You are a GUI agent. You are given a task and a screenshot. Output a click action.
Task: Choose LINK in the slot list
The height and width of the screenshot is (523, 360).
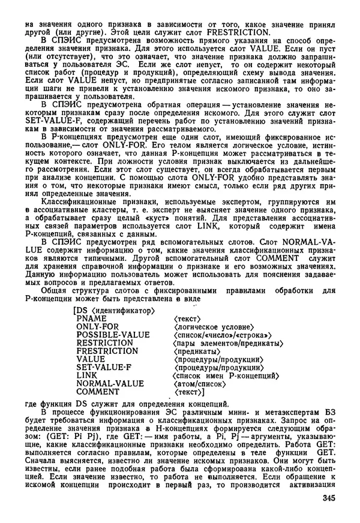[87, 375]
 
